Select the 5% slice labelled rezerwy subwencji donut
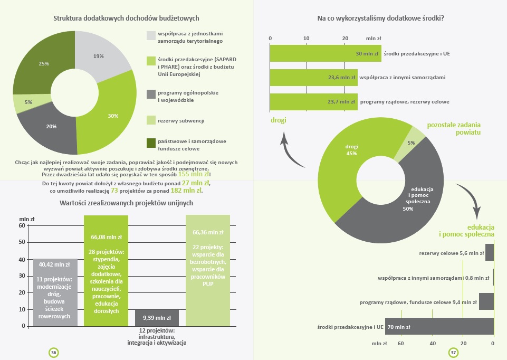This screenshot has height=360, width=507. [x=28, y=102]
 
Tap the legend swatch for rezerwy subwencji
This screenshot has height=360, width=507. [x=151, y=120]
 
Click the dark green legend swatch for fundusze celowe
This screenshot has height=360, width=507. [x=151, y=143]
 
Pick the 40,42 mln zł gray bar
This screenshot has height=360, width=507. [x=55, y=292]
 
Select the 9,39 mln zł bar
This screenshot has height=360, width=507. [x=157, y=318]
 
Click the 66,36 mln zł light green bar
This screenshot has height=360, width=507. [x=208, y=270]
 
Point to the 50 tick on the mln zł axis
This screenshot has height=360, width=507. [x=22, y=242]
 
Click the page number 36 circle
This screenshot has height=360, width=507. [x=54, y=353]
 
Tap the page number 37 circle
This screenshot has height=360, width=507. [x=453, y=353]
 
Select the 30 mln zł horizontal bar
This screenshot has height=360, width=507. [x=326, y=53]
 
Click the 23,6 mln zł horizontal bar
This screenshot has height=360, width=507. [x=313, y=77]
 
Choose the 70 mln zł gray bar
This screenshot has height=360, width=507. [x=439, y=326]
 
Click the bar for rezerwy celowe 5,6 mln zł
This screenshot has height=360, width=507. [x=490, y=253]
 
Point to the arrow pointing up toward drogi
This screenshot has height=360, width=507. [x=291, y=151]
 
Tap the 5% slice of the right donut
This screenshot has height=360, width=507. [x=410, y=143]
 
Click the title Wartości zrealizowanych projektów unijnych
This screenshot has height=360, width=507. [x=127, y=203]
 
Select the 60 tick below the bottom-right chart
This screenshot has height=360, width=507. [x=400, y=344]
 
